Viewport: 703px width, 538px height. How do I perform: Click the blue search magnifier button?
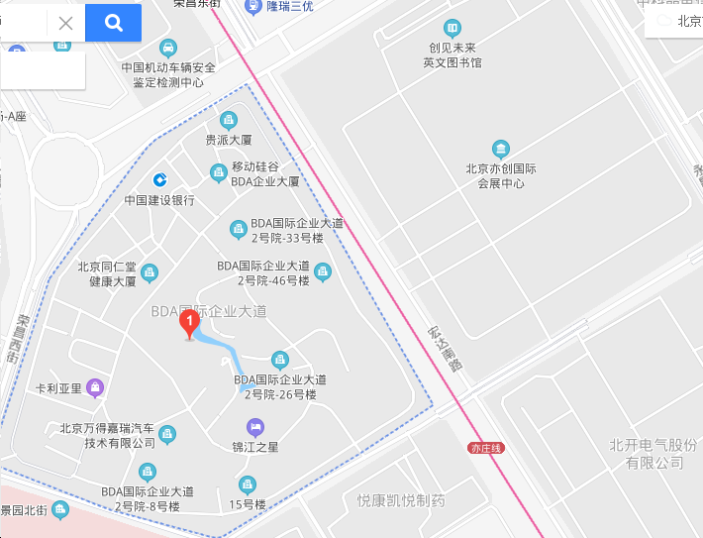click(x=113, y=23)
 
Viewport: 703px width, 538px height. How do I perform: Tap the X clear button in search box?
click(x=65, y=23)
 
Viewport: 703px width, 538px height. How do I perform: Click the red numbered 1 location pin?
click(x=188, y=323)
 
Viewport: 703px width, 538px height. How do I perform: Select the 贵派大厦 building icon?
click(x=229, y=121)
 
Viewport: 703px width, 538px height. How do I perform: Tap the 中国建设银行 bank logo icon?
click(x=159, y=179)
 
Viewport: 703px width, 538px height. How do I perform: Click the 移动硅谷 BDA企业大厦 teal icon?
click(x=219, y=173)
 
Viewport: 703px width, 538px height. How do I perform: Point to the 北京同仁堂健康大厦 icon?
click(x=150, y=272)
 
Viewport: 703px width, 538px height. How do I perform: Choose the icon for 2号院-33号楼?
click(x=238, y=230)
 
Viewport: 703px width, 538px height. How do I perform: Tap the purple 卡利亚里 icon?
click(x=95, y=386)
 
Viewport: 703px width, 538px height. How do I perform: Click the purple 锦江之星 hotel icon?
click(x=255, y=427)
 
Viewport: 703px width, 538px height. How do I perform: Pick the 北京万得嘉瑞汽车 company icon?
click(x=167, y=434)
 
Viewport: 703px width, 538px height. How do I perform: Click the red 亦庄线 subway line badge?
click(x=486, y=448)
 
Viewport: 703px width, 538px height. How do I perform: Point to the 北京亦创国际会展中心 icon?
click(x=501, y=149)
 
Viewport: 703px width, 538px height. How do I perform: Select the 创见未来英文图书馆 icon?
click(x=452, y=28)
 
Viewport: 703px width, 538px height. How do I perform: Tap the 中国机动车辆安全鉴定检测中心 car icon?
click(x=169, y=48)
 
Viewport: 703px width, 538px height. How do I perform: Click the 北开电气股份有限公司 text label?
click(x=653, y=454)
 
